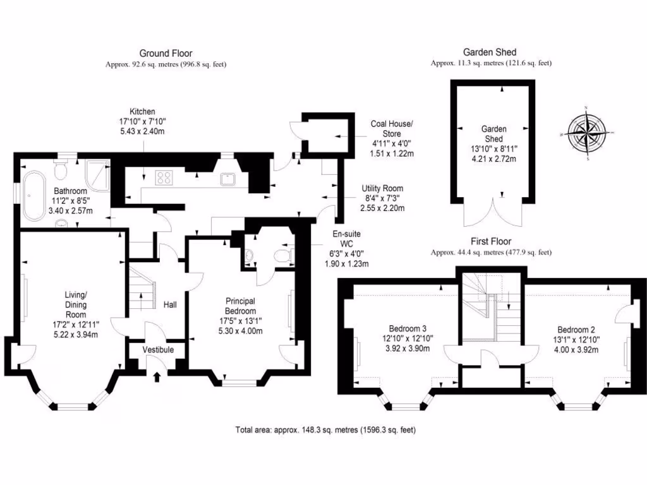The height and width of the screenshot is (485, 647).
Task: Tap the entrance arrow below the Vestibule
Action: pos(157,377)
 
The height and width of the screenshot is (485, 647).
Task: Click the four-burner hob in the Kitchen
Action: pos(164,178)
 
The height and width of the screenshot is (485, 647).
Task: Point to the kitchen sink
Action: pos(228,179)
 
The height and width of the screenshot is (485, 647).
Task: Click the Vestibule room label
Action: pos(157,350)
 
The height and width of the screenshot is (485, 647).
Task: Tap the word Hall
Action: pos(171,305)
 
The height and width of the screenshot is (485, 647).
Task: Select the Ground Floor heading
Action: pos(166,54)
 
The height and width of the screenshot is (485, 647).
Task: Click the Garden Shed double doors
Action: pos(493,213)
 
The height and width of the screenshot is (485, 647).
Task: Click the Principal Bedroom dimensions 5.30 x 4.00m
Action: pos(240,331)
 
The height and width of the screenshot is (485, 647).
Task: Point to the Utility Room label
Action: pos(382,189)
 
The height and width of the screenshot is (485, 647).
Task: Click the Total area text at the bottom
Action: pos(325,430)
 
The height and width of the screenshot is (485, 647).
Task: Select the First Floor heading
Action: pos(491,241)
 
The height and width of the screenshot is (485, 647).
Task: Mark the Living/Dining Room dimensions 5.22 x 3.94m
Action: pos(76,335)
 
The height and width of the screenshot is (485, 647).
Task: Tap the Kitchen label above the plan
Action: pos(142,111)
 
